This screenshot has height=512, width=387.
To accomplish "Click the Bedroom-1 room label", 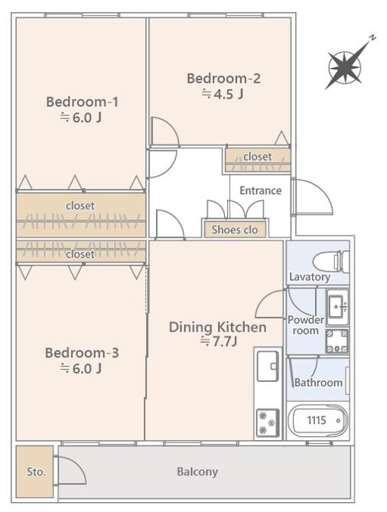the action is [83, 102].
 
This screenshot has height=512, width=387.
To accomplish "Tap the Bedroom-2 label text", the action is [223, 78].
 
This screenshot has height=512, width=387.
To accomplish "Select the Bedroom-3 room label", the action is [82, 353].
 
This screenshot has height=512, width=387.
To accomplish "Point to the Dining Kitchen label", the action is [217, 328].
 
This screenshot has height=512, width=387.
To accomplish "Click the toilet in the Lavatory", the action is [330, 262].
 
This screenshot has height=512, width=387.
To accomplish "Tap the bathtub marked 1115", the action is [318, 421].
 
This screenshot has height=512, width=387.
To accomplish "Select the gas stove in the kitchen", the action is [268, 423].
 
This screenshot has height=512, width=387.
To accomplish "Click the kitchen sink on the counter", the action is [268, 366].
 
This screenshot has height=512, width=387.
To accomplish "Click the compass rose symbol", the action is [345, 68].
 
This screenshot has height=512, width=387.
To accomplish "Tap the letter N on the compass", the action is [372, 38].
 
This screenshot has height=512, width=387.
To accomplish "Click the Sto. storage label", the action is [36, 472].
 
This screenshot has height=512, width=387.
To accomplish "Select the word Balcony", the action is [197, 472].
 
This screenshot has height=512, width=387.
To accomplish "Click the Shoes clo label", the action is [235, 230].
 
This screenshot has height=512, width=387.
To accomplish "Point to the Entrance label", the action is [260, 191].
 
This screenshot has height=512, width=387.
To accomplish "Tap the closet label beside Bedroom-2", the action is [258, 156].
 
